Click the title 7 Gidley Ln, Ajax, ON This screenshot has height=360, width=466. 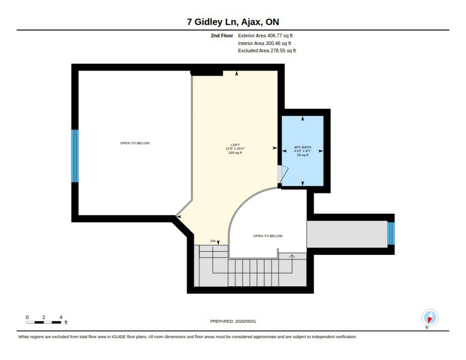click(x=233, y=22)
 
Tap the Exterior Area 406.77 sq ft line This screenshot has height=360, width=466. click(x=265, y=36)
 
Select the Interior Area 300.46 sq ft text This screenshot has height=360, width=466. click(x=264, y=43)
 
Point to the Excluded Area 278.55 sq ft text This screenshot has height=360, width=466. click(x=267, y=51)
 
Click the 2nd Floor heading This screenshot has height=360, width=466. click(x=222, y=36)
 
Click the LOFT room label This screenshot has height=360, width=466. click(x=235, y=145)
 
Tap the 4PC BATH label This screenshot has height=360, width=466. click(x=302, y=147)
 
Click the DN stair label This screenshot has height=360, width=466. click(x=213, y=241)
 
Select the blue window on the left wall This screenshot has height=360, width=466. click(x=75, y=156)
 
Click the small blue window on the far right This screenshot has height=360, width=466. click(x=391, y=233)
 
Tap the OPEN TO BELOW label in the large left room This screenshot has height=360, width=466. click(x=135, y=143)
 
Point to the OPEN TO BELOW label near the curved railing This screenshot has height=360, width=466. click(x=268, y=236)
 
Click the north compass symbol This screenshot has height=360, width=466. click(x=430, y=318)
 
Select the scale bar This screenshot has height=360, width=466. click(x=44, y=322)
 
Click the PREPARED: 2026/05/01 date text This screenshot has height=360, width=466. click(x=233, y=321)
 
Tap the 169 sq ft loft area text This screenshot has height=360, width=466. click(x=235, y=153)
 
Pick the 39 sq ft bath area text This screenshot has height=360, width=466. click(x=302, y=155)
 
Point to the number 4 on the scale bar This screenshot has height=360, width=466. click(x=61, y=317)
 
